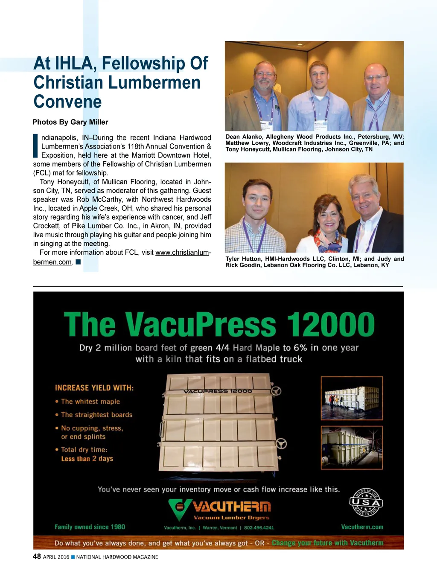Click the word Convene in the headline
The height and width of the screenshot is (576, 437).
click(67, 102)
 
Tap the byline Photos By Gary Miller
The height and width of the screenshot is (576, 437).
click(70, 122)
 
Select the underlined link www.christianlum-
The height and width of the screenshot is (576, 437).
click(183, 253)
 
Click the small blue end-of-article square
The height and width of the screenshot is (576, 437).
click(78, 262)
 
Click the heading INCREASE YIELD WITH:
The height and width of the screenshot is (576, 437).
click(94, 388)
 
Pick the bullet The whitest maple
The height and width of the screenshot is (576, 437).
click(90, 401)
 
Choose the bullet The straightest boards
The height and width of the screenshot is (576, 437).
click(96, 415)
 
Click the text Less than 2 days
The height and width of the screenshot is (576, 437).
click(87, 459)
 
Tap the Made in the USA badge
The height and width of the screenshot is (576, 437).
click(366, 503)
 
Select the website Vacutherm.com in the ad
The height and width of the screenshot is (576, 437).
click(362, 527)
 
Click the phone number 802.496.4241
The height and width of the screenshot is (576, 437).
click(259, 528)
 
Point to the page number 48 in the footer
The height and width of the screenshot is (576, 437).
click(37, 556)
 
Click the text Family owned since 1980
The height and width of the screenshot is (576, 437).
click(90, 527)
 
